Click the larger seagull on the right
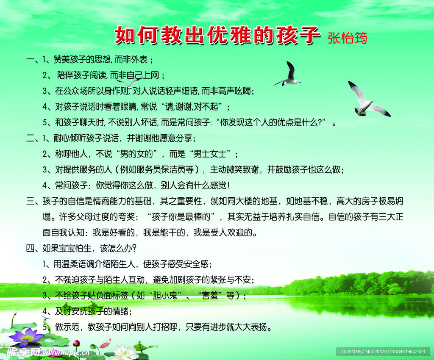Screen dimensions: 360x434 (367, 100)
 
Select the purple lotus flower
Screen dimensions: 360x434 (27, 337)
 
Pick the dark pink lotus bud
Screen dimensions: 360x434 (76, 343)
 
